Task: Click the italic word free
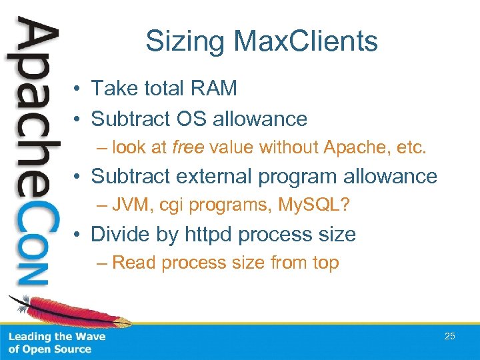[x=186, y=147]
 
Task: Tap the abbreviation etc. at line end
[x=409, y=147]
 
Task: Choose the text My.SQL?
[x=315, y=205]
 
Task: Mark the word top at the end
[x=325, y=263]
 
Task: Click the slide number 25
[x=449, y=336]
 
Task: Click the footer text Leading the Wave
[x=57, y=337]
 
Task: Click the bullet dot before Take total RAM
[x=78, y=88]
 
